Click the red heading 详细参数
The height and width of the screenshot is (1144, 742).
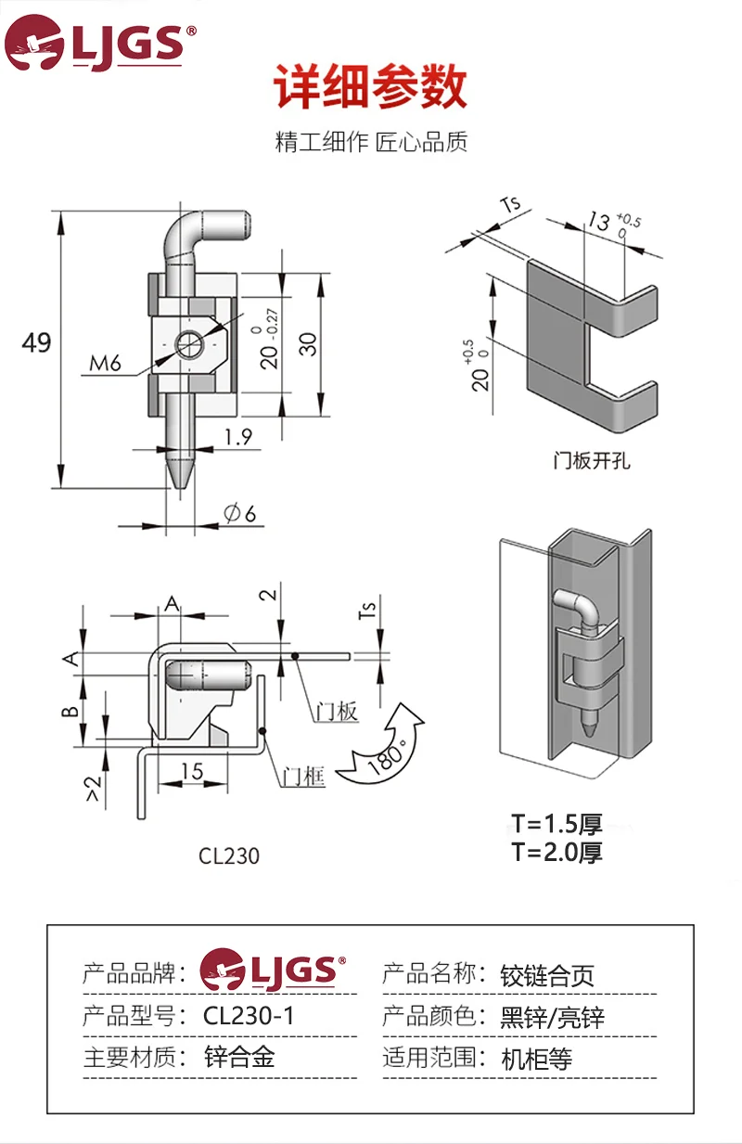[371, 88]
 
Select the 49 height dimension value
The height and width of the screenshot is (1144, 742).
[37, 343]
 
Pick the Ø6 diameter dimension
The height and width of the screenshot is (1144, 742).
[237, 512]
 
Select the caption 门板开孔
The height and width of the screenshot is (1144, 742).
[591, 460]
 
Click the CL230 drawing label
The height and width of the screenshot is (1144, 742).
[229, 855]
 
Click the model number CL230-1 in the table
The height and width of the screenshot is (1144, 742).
[249, 1016]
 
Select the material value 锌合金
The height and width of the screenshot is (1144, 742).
[239, 1057]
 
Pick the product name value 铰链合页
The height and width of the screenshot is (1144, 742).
[546, 975]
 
